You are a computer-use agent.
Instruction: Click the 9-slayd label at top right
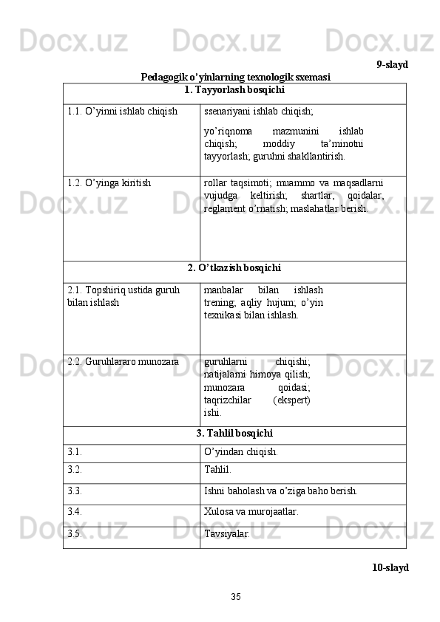point(391,64)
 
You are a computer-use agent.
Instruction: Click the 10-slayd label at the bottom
point(390,567)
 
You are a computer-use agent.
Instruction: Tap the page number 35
point(235,595)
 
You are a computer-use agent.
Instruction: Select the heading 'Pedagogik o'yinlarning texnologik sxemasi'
point(235,76)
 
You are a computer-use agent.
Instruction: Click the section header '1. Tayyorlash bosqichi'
point(234,90)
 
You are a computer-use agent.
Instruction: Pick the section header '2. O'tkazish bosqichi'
point(234,267)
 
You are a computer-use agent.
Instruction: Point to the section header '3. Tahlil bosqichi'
point(234,433)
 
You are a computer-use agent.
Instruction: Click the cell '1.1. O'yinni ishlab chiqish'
point(122,112)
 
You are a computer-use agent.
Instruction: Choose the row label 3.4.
point(74,510)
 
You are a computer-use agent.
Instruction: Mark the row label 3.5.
point(74,532)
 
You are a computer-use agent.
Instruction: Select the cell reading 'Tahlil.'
point(217,468)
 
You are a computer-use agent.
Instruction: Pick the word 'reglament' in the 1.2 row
point(224,209)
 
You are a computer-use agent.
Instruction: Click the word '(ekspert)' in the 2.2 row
point(291,400)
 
